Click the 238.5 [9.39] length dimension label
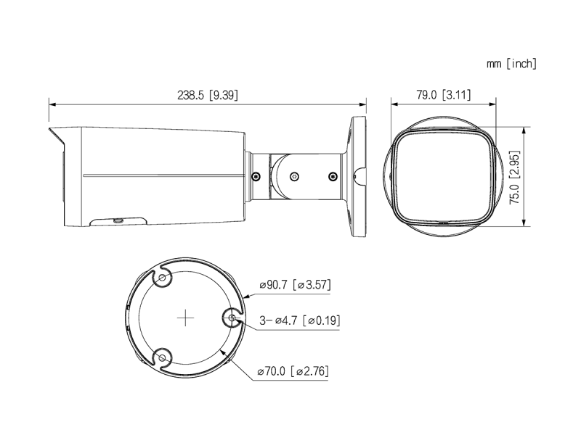(x=208, y=96)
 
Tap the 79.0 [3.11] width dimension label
(x=444, y=95)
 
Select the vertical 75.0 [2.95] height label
(x=515, y=178)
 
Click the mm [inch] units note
(x=511, y=64)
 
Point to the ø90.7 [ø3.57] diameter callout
(x=295, y=285)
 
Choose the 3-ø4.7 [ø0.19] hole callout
(x=299, y=320)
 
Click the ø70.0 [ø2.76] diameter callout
(x=293, y=370)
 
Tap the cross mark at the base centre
(x=185, y=318)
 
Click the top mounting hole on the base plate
(x=162, y=278)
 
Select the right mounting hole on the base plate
(x=232, y=318)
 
